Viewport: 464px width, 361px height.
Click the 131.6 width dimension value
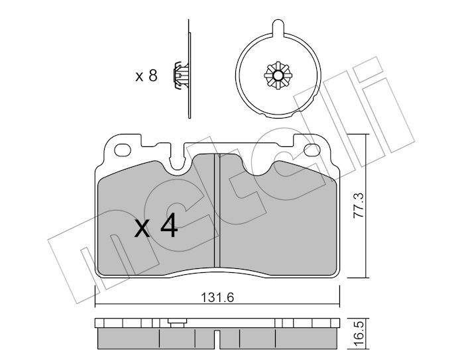pyautogui.click(x=217, y=297)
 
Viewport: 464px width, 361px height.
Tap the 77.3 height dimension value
pyautogui.click(x=359, y=205)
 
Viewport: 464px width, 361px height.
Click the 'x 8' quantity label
pyautogui.click(x=146, y=76)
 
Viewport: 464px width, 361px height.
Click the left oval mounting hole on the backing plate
pyautogui.click(x=123, y=150)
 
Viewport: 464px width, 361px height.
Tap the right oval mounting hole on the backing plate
pyautogui.click(x=312, y=150)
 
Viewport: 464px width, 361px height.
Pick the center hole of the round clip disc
pyautogui.click(x=278, y=76)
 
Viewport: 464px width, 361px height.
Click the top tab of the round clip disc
pyautogui.click(x=278, y=27)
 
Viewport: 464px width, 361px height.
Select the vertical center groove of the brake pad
pyautogui.click(x=217, y=210)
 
